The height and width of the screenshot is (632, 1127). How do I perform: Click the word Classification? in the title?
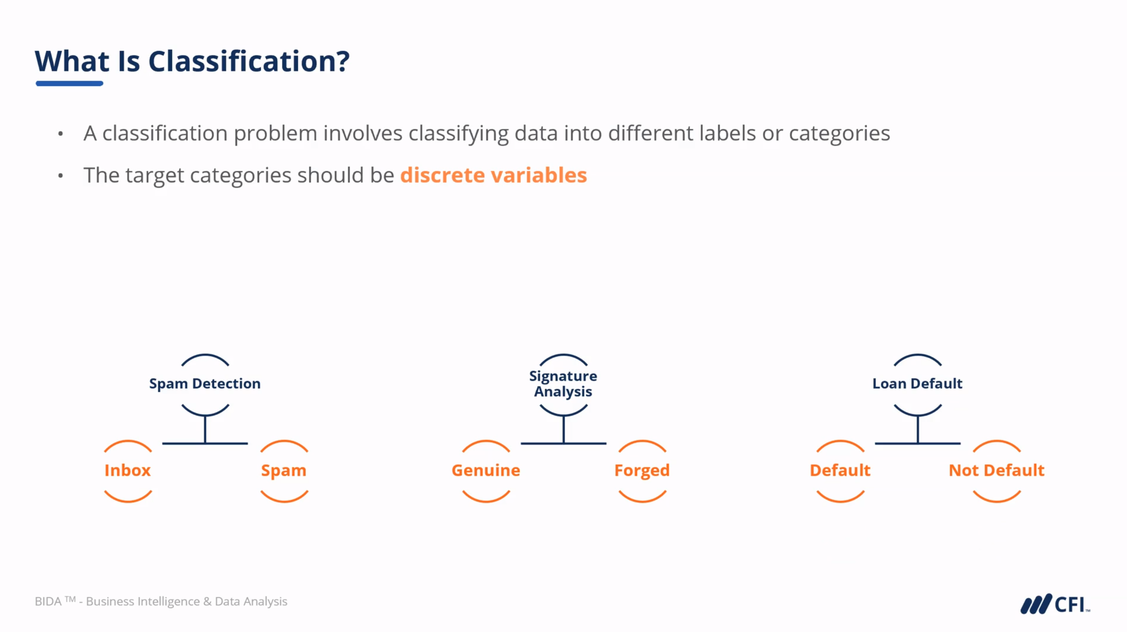[249, 61]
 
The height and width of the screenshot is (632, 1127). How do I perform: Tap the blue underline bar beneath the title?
[69, 83]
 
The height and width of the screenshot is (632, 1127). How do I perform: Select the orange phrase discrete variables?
[493, 175]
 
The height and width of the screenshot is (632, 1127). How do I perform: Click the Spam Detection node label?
[204, 384]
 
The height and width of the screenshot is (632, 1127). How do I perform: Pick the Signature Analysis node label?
[563, 384]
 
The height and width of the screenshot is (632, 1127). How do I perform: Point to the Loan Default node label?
[917, 383]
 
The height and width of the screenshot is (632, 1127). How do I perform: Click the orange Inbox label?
[128, 470]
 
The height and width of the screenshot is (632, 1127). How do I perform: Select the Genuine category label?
[486, 470]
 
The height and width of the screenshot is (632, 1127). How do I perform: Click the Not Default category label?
[997, 470]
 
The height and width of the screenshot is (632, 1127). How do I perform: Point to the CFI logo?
[1055, 604]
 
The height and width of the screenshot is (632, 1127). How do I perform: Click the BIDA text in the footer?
[48, 602]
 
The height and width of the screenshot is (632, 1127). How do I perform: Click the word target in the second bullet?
[155, 175]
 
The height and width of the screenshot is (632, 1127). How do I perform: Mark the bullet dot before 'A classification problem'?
[61, 133]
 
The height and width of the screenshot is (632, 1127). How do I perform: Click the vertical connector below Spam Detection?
[205, 429]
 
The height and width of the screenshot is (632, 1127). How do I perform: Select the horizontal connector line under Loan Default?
[918, 443]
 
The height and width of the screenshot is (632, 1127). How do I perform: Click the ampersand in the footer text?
[207, 602]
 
